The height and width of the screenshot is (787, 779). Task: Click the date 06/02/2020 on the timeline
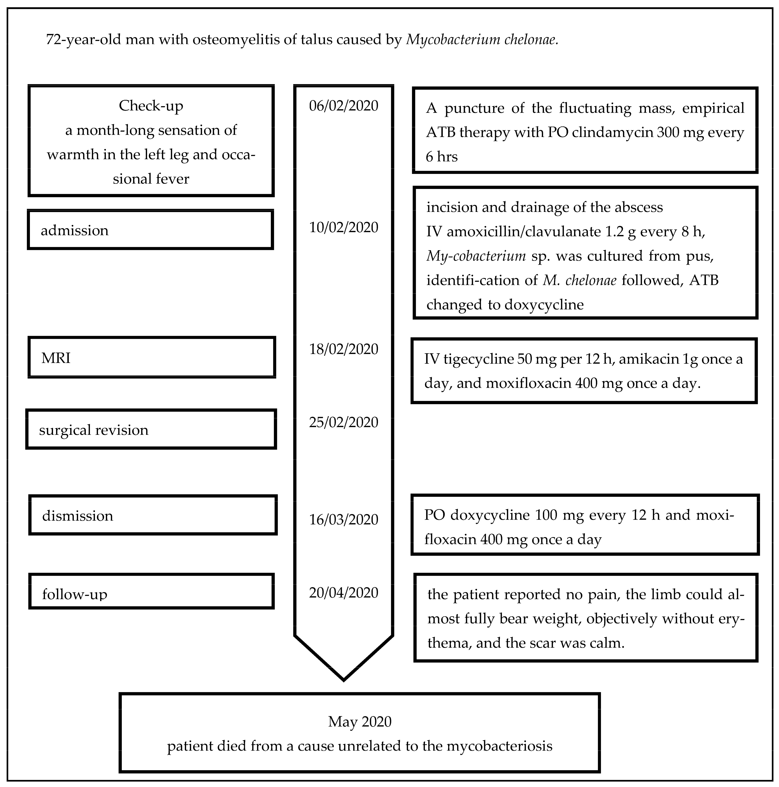(x=343, y=106)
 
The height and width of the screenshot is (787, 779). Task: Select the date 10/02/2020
(x=343, y=227)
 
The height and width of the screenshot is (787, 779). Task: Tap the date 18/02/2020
(x=343, y=349)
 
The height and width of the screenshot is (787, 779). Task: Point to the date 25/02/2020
(x=343, y=422)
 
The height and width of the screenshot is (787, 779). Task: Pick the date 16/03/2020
(x=343, y=519)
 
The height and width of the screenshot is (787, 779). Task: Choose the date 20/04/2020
(x=343, y=592)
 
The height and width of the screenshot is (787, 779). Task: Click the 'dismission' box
(x=153, y=515)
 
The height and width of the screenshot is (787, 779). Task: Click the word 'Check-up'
(x=151, y=106)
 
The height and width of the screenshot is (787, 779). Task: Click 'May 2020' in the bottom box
(x=360, y=721)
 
